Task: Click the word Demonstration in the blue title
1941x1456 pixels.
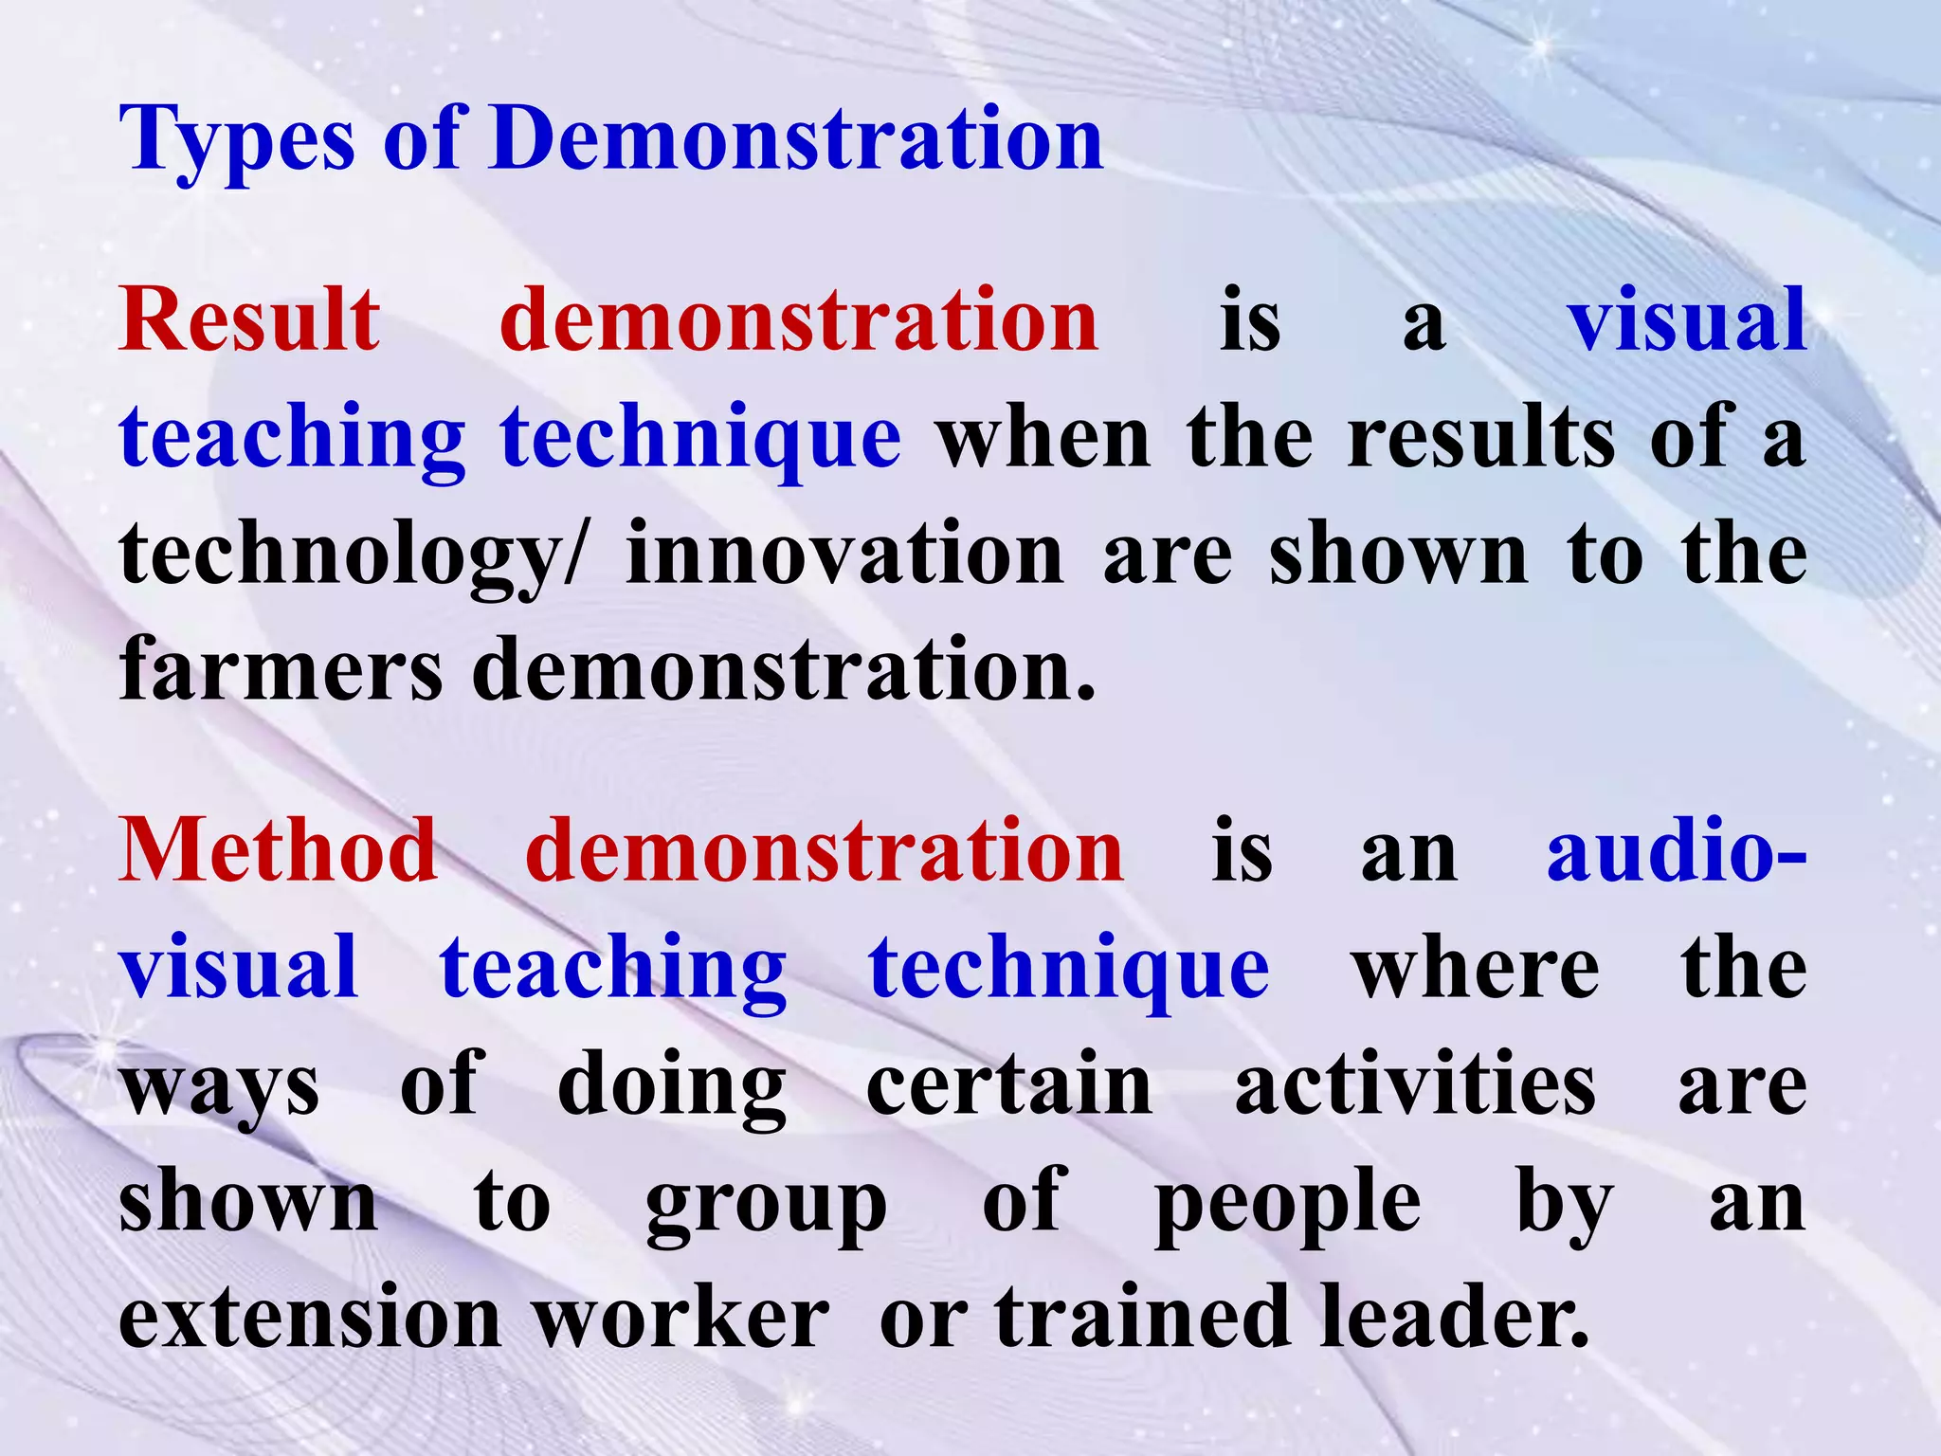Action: click(x=796, y=139)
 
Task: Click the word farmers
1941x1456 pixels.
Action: click(x=281, y=670)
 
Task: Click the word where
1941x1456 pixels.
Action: click(x=1476, y=968)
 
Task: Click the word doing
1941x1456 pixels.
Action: click(x=671, y=1085)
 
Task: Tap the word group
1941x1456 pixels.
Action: click(x=766, y=1204)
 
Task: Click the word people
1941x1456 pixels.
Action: click(x=1288, y=1204)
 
